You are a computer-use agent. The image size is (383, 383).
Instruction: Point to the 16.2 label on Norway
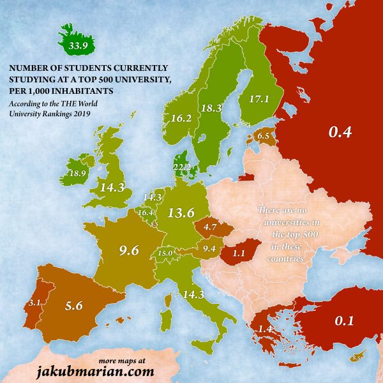[182, 118]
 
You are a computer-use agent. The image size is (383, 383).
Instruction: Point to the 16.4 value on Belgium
[146, 213]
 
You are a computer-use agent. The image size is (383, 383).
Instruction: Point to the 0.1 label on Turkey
[345, 321]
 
